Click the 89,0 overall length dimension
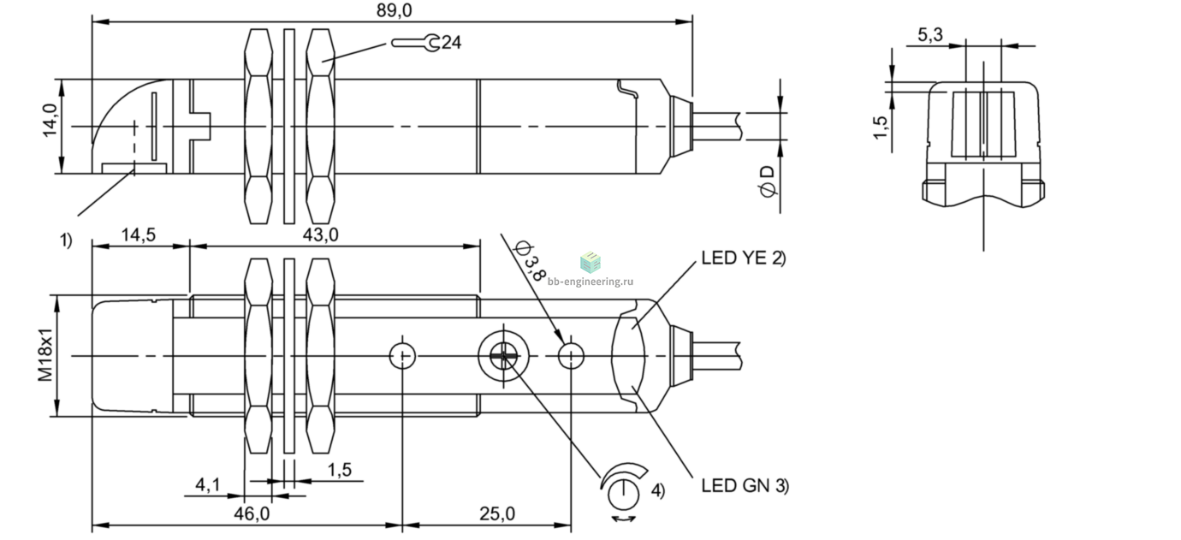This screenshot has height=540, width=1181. pyautogui.click(x=394, y=10)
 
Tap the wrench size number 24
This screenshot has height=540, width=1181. pyautogui.click(x=451, y=42)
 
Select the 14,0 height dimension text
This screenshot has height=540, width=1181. pyautogui.click(x=50, y=121)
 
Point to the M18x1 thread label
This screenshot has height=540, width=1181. pyautogui.click(x=46, y=353)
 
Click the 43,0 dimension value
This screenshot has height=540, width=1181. pyautogui.click(x=320, y=234)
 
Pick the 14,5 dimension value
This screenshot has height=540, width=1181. pyautogui.click(x=139, y=234)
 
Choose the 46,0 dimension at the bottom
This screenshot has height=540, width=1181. pyautogui.click(x=252, y=513)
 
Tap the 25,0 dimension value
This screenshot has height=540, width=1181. pyautogui.click(x=496, y=513)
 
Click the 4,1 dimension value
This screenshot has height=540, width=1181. pyautogui.click(x=208, y=484)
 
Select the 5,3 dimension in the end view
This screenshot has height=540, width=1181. pyautogui.click(x=930, y=35)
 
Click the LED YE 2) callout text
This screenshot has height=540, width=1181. pyautogui.click(x=744, y=258)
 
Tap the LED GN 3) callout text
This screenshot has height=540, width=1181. pyautogui.click(x=745, y=486)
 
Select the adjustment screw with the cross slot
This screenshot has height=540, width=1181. pyautogui.click(x=503, y=356)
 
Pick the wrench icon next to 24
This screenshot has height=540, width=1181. pyautogui.click(x=415, y=43)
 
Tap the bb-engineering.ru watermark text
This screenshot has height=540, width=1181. pyautogui.click(x=590, y=282)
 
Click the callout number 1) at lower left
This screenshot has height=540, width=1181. pyautogui.click(x=65, y=240)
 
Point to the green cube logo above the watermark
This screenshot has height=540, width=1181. pyautogui.click(x=590, y=263)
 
